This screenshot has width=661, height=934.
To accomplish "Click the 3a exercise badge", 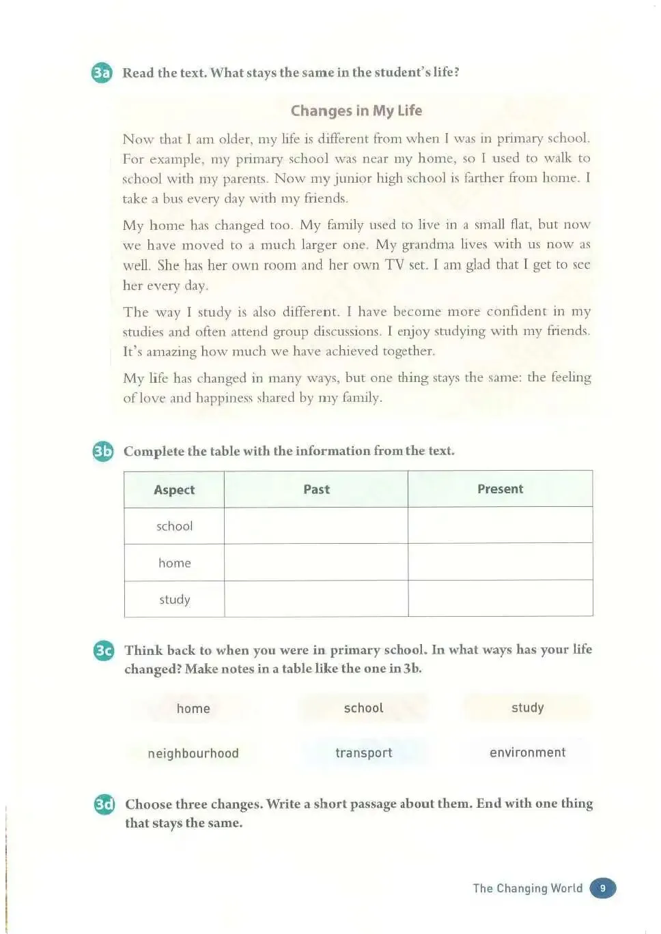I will coord(101,73).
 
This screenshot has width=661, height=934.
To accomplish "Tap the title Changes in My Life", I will coord(356,111).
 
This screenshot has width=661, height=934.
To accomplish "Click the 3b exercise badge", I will coord(102,451).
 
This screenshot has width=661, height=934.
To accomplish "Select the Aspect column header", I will coord(174,490).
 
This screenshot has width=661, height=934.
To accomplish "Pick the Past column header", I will coord(316,489).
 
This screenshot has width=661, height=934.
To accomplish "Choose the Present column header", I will coord(500,489).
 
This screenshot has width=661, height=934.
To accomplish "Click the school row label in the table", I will coord(174,526).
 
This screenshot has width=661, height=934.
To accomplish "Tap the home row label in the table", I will coord(174,563).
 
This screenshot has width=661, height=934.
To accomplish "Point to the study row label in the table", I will coord(174,600).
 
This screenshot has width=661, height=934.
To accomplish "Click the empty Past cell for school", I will coord(316,526).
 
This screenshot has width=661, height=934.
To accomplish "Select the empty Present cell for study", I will coord(500,599).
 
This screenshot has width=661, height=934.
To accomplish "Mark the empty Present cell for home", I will coord(500,562).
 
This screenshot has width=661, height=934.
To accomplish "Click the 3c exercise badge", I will coord(103,650).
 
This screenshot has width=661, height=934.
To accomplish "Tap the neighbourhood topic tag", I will coord(193,753).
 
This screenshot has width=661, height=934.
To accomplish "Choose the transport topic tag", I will coord(363,753).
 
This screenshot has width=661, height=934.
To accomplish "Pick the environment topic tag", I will coord(527,753).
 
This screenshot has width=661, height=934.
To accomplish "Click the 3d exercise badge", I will coord(104,804).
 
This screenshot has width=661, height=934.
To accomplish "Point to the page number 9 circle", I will coord(602,888).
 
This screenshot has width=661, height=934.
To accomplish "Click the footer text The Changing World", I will coord(527,888).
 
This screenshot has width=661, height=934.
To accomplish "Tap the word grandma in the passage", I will coord(427,245).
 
